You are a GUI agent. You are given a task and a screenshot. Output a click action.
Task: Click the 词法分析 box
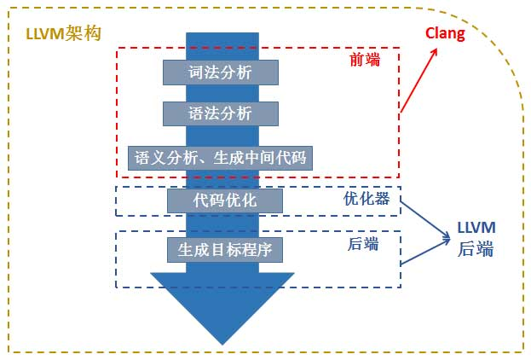[x=221, y=72]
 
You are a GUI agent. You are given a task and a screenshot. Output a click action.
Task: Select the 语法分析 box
[x=221, y=113]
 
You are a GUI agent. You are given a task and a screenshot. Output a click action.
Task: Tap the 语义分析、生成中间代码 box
[x=220, y=157]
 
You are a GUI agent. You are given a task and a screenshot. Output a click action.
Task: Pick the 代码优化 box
[x=224, y=200]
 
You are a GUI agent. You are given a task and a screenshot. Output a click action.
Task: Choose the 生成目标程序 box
[x=224, y=249]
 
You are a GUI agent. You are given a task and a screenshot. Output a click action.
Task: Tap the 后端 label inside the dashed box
[x=363, y=245]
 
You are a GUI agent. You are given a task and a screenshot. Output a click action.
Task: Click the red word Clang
[x=446, y=34]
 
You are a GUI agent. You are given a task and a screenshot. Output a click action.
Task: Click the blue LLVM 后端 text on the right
[x=476, y=239]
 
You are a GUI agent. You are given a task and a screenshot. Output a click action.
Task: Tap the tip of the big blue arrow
[x=222, y=342]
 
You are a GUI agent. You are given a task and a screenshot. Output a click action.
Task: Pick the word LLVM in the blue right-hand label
[x=476, y=229]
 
